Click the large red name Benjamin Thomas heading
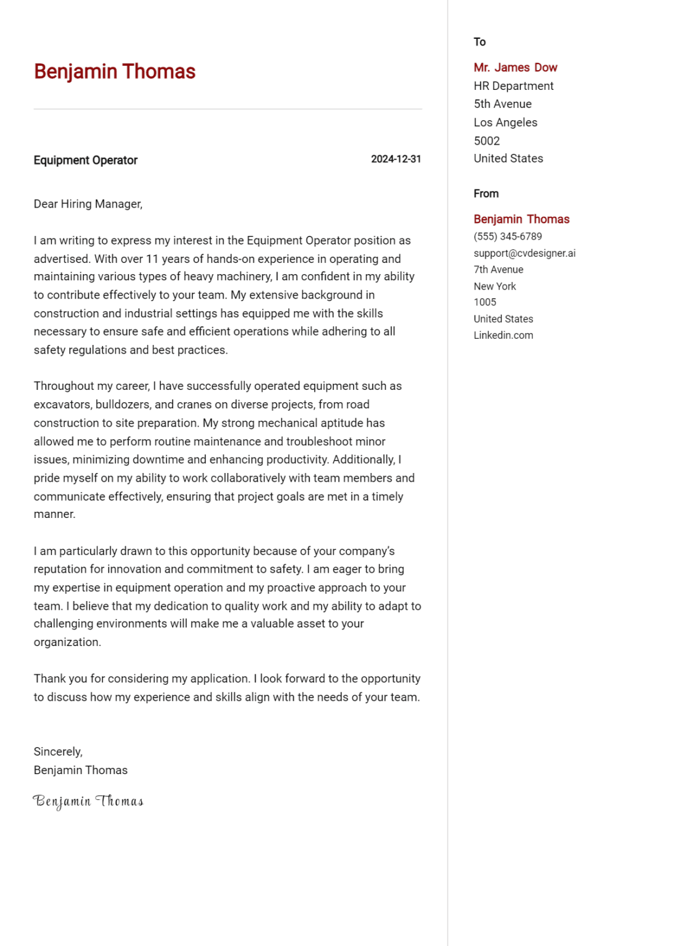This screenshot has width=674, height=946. pos(114,71)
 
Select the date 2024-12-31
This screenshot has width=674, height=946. pos(396,159)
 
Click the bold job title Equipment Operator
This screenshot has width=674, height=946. pos(86,160)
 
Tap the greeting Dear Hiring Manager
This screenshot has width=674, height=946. pos(88,204)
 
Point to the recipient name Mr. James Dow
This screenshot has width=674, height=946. pos(515,67)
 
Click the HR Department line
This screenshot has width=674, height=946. pos(513,86)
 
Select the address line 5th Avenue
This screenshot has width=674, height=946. pos(502,104)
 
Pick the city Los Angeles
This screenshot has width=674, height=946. pos(505,123)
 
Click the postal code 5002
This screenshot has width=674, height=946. pos(486,140)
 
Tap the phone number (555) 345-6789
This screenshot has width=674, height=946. pos(508,236)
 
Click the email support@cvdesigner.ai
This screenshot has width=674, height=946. pos(524,253)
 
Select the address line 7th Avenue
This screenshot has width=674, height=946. pos(498,269)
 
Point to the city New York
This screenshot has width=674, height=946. pos(495,286)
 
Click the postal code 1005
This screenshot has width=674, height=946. pos(484,302)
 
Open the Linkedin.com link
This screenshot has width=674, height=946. pos(503,335)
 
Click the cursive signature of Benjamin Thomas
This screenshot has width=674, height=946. pos(88,801)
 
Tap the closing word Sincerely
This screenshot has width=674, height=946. pos(58,751)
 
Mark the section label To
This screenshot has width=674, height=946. pos(479,42)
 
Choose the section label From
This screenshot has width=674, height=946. pos(486,193)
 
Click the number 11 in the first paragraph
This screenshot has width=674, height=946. pos(152,259)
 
